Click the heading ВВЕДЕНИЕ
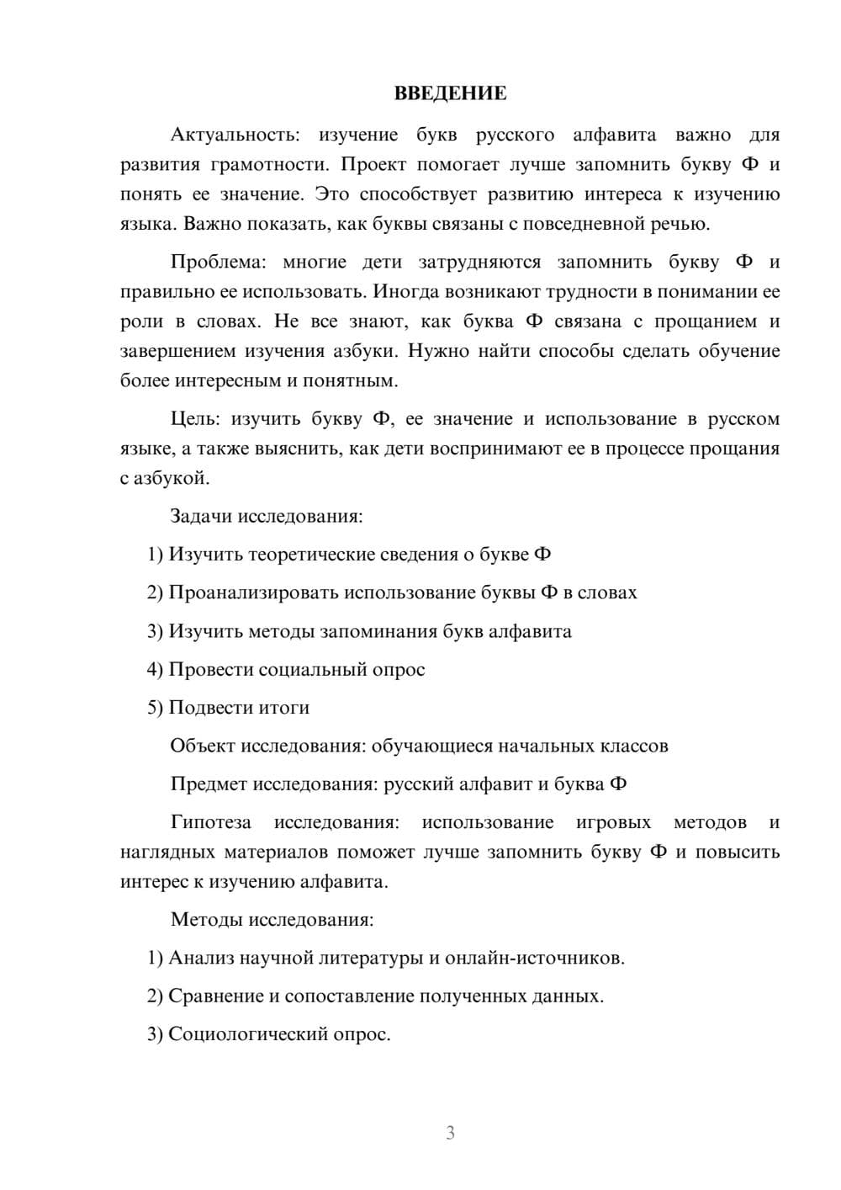(450, 93)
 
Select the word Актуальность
(234, 135)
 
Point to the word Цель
(195, 419)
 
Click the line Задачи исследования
(267, 516)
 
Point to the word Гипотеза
(210, 822)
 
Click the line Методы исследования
(272, 919)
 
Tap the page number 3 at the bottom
(450, 1133)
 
